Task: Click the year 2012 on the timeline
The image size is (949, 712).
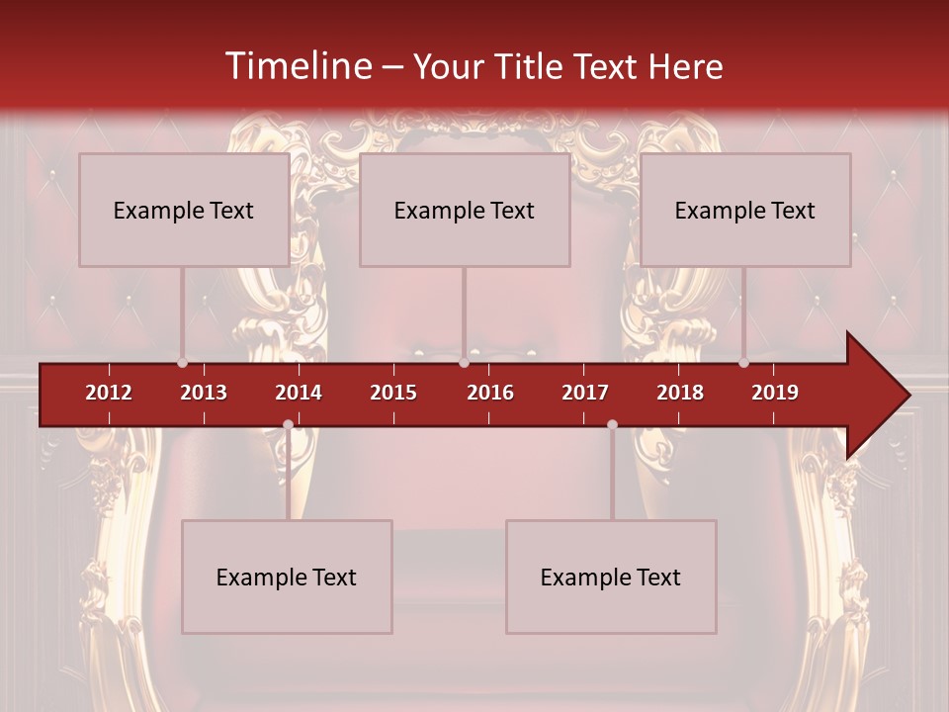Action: coord(109,393)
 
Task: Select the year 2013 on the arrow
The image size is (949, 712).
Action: coord(204,393)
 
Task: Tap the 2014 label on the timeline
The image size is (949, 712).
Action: coord(299,393)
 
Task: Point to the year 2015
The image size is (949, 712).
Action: coord(393,393)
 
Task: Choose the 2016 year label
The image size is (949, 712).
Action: coord(490,393)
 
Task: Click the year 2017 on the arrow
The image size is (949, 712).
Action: coord(585,393)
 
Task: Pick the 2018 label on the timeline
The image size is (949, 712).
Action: coord(680,393)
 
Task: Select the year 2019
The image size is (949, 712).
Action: coord(775,393)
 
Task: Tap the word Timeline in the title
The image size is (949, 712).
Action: coord(297,66)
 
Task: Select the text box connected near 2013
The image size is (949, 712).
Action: coord(184,210)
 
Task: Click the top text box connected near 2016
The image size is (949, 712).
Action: coord(465,210)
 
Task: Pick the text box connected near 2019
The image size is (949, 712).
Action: coord(745,210)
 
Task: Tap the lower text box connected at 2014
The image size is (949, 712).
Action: coord(287,577)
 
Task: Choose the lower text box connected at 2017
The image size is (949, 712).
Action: coord(611,577)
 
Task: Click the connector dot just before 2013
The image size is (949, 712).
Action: coord(182,363)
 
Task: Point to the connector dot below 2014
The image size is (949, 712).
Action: coord(288,424)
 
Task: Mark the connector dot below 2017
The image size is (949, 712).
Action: coord(612,424)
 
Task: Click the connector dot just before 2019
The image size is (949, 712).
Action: coord(743,363)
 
